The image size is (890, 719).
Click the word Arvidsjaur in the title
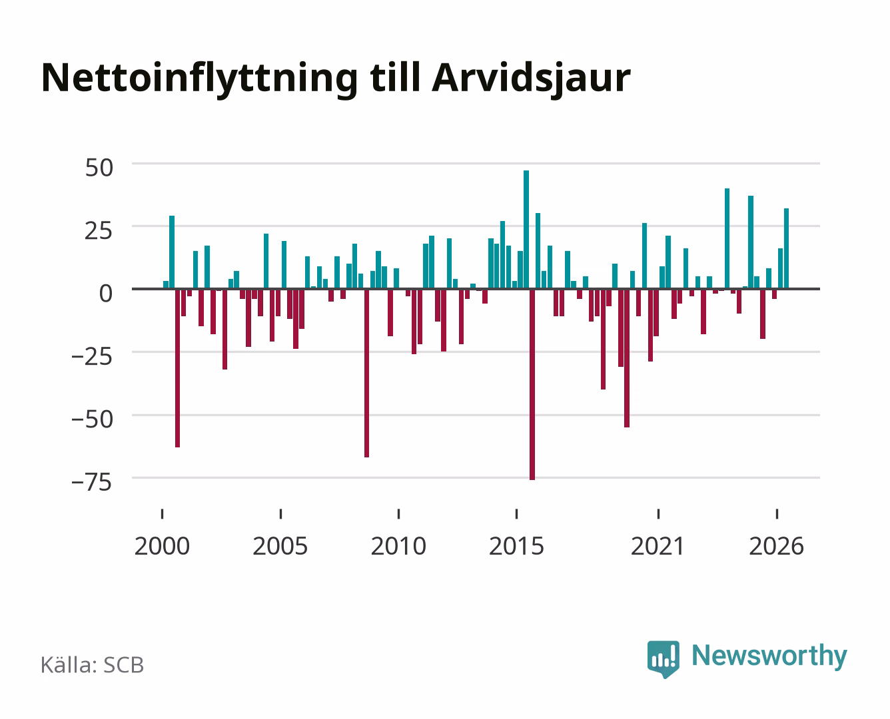pyautogui.click(x=531, y=79)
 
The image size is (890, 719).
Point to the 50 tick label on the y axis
pyautogui.click(x=99, y=168)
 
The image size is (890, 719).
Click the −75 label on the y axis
pyautogui.click(x=91, y=482)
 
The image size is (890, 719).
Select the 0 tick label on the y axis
pyautogui.click(x=106, y=294)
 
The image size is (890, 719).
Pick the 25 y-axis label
pyautogui.click(x=99, y=231)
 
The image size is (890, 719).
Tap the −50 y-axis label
pyautogui.click(x=92, y=419)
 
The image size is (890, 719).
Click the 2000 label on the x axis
pyautogui.click(x=162, y=546)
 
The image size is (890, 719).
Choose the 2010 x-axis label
pyautogui.click(x=398, y=546)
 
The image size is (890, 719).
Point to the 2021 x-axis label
pyautogui.click(x=658, y=546)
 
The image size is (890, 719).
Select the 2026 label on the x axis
pyautogui.click(x=776, y=546)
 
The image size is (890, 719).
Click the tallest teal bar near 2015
pyautogui.click(x=526, y=229)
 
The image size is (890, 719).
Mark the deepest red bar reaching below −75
pyautogui.click(x=532, y=384)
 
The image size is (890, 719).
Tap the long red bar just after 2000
pyautogui.click(x=178, y=368)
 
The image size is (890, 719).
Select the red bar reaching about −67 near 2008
pyautogui.click(x=366, y=373)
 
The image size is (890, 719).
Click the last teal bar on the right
pyautogui.click(x=786, y=248)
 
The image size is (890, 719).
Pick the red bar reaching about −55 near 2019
pyautogui.click(x=627, y=358)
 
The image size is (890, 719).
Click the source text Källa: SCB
pyautogui.click(x=93, y=665)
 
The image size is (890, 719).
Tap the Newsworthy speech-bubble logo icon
pyautogui.click(x=663, y=659)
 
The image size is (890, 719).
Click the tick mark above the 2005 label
pyautogui.click(x=280, y=514)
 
